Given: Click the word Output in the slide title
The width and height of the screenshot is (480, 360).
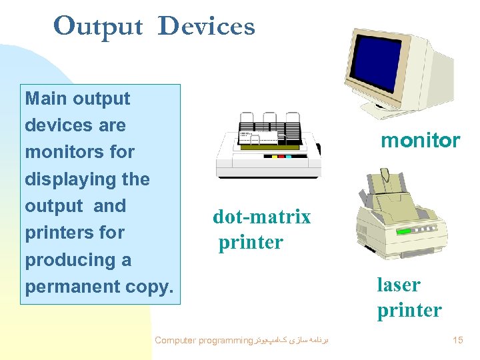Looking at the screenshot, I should [98, 26].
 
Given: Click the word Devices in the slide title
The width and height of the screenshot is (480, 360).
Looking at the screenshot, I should [207, 26].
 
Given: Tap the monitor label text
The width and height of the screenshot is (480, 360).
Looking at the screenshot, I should [420, 141].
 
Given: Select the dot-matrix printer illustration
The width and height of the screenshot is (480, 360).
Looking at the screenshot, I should [269, 145].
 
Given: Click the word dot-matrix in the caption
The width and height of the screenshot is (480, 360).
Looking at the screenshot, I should [261, 217].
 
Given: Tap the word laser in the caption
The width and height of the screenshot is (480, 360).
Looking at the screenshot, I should [399, 285].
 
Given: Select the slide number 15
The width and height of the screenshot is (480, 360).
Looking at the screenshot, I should [457, 341].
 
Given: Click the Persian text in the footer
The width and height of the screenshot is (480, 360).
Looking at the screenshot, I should [293, 341].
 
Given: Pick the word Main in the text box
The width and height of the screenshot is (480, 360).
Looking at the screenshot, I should [47, 99].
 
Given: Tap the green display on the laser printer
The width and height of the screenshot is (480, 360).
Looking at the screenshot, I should [405, 233].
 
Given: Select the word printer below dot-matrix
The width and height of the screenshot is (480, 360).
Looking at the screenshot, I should [251, 243].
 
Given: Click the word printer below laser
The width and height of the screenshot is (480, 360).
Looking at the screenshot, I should [409, 311].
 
